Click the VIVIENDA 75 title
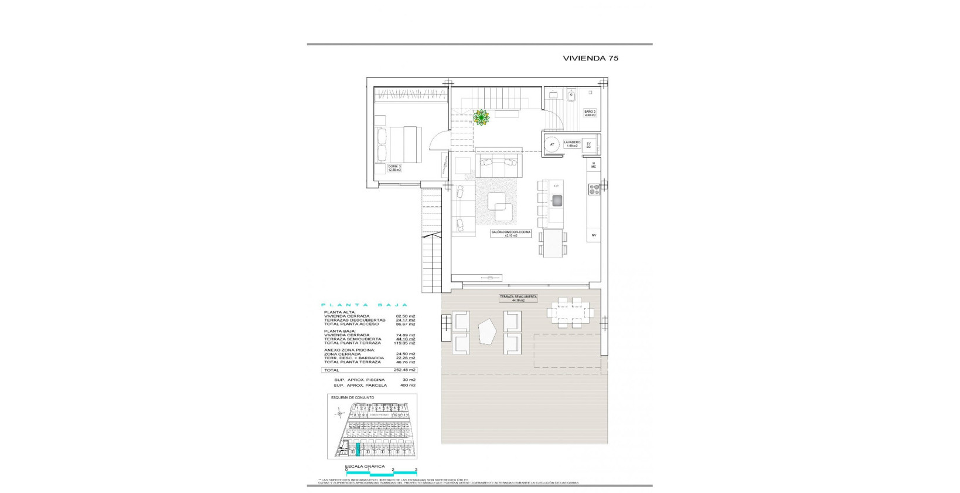pos(590,58)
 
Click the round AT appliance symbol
pos(552,144)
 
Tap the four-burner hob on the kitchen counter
pos(594,189)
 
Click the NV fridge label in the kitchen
pos(593,235)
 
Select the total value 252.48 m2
pos(405,370)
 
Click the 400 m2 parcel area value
pos(407,386)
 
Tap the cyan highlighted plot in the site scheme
pos(358,450)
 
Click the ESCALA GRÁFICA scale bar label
pos(365,467)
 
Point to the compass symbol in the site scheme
pos(339,414)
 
